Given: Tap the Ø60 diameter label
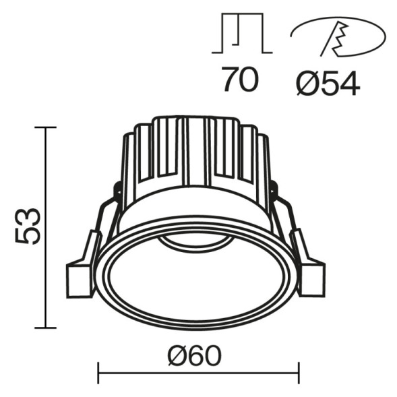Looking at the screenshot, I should (x=198, y=355).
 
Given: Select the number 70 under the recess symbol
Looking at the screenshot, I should (x=240, y=80).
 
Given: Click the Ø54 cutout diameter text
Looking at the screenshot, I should (x=328, y=82).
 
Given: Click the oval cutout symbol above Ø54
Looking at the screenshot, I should (x=338, y=38).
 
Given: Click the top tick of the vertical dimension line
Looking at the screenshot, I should (x=45, y=127).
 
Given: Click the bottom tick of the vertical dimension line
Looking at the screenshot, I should (x=45, y=328).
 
